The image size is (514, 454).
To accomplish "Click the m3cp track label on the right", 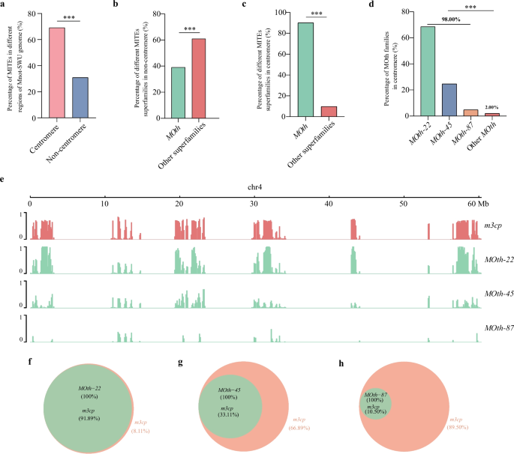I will click(x=493, y=226).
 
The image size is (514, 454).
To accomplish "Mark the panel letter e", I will click(x=5, y=181).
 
